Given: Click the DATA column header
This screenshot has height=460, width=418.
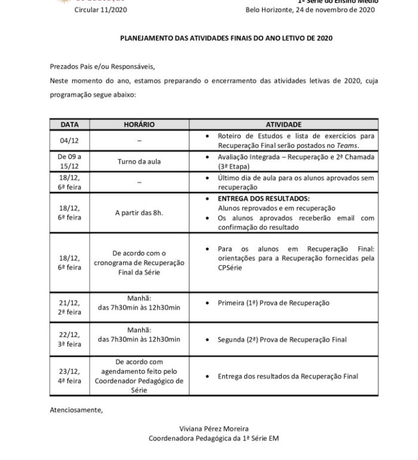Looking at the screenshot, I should pyautogui.click(x=69, y=124).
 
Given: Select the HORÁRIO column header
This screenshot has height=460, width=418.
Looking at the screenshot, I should pyautogui.click(x=139, y=124).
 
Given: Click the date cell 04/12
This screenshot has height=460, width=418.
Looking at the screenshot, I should pyautogui.click(x=69, y=140).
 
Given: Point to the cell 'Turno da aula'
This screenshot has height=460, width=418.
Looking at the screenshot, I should pyautogui.click(x=139, y=161).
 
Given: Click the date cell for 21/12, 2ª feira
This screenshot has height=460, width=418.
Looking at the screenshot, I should pyautogui.click(x=69, y=307).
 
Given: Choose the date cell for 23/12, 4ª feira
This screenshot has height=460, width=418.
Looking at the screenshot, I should pyautogui.click(x=69, y=376).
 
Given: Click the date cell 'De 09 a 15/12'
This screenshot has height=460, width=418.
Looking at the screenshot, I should pyautogui.click(x=69, y=161).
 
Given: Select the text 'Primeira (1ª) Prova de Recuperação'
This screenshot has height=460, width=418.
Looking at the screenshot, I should pyautogui.click(x=274, y=303).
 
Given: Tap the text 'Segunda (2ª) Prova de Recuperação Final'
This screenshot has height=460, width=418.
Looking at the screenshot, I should pyautogui.click(x=282, y=340).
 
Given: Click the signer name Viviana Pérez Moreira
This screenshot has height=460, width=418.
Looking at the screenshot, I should pyautogui.click(x=213, y=428).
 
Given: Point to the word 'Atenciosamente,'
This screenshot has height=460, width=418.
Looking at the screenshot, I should pyautogui.click(x=76, y=410).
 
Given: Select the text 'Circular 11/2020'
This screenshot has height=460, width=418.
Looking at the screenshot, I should pyautogui.click(x=100, y=10).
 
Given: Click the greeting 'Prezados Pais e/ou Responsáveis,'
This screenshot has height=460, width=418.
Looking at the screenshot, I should pyautogui.click(x=106, y=67).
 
